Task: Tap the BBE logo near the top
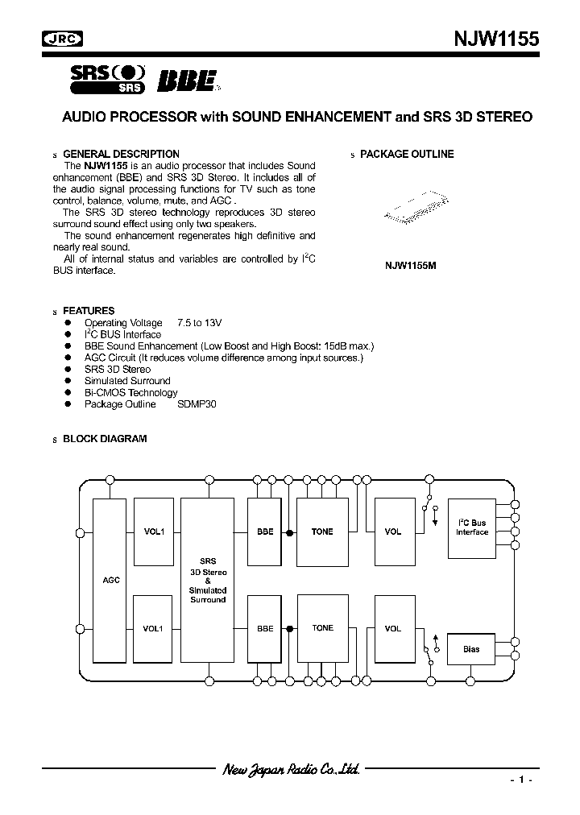tap(186, 81)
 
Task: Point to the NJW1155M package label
tap(410, 265)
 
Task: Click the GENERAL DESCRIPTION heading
tap(121, 154)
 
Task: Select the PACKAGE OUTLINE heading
tap(407, 154)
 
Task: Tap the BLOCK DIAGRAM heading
tap(105, 439)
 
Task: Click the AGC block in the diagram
tap(111, 580)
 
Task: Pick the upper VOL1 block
tap(154, 532)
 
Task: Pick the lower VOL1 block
tap(154, 628)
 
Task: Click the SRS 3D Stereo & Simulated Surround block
tap(208, 580)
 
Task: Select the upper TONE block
tap(322, 532)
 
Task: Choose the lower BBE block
tap(265, 628)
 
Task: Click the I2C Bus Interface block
tap(472, 527)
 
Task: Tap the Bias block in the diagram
tap(472, 649)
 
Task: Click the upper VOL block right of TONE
tap(393, 532)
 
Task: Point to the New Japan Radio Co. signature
tap(291, 769)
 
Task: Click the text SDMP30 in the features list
tap(197, 404)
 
